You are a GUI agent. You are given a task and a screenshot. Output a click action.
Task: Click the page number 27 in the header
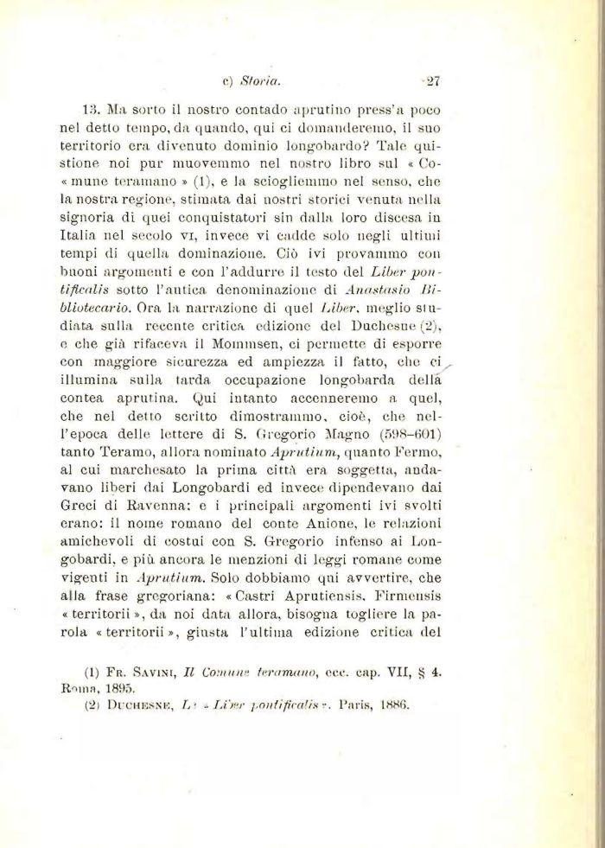[433, 83]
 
